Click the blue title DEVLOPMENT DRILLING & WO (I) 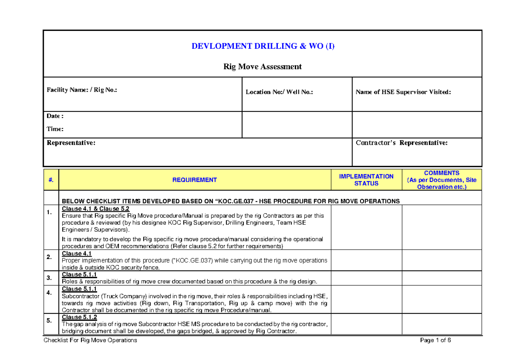click(263, 46)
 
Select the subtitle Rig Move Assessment click(263, 67)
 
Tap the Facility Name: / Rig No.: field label click(82, 90)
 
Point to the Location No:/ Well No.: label click(279, 92)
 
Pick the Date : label click(55, 116)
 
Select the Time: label click(55, 129)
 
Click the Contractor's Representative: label click(402, 143)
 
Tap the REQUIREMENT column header click(195, 180)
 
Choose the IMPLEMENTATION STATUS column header click(366, 180)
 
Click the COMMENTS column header click(442, 180)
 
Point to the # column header click(51, 180)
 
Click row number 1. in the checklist click(50, 212)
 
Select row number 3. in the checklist click(50, 278)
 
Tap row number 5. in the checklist click(50, 321)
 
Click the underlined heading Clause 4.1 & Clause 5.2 click(95, 209)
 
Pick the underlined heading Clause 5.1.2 click(79, 317)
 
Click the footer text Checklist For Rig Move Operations click(90, 340)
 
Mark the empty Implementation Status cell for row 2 click(366, 260)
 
